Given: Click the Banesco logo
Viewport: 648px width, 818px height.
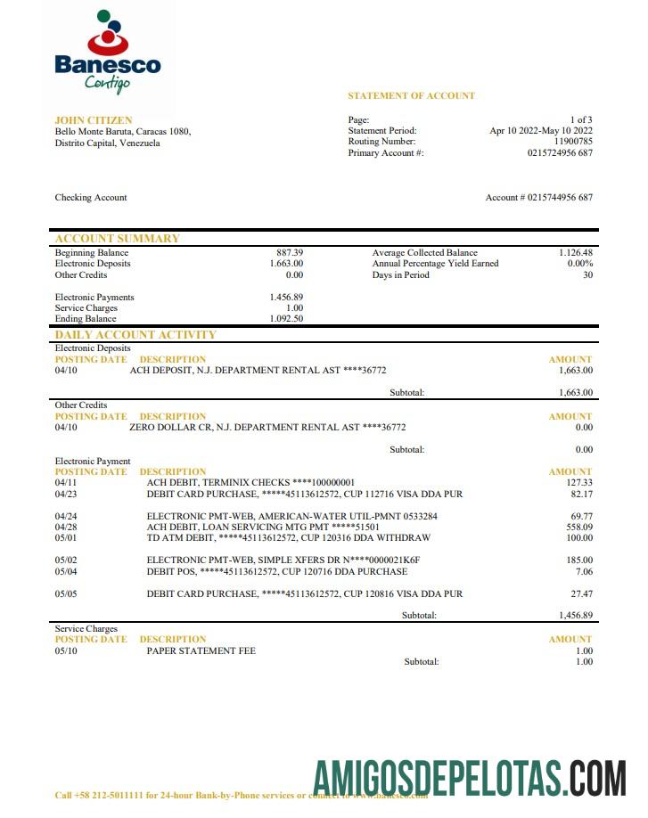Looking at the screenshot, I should (107, 51).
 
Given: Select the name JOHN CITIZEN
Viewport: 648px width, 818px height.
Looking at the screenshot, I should (93, 120).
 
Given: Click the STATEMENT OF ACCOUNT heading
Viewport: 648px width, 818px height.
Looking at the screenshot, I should (411, 95).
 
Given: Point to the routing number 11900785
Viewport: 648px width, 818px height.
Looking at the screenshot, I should (573, 142).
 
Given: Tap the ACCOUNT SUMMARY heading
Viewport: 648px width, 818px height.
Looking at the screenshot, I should (117, 239).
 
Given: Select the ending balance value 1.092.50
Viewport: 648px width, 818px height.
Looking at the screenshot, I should (286, 319).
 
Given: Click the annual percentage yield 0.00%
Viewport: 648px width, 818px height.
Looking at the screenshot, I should (580, 264).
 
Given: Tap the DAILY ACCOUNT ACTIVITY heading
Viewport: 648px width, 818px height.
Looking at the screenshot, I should (135, 335).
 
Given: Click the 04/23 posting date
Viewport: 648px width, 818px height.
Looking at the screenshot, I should (66, 494).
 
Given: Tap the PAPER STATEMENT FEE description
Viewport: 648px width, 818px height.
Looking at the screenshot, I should (201, 651).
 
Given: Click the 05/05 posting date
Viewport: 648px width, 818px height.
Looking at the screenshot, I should (66, 593).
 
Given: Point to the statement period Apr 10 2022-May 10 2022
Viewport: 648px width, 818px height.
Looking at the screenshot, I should (541, 131).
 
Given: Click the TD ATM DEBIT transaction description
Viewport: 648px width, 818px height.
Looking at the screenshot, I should (288, 538).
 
